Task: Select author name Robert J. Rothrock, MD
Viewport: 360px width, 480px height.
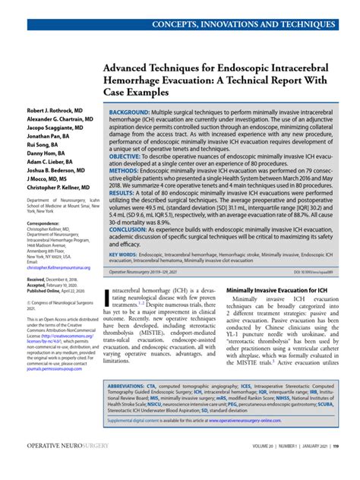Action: (x=50, y=110)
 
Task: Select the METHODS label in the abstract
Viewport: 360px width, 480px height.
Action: (x=125, y=171)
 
